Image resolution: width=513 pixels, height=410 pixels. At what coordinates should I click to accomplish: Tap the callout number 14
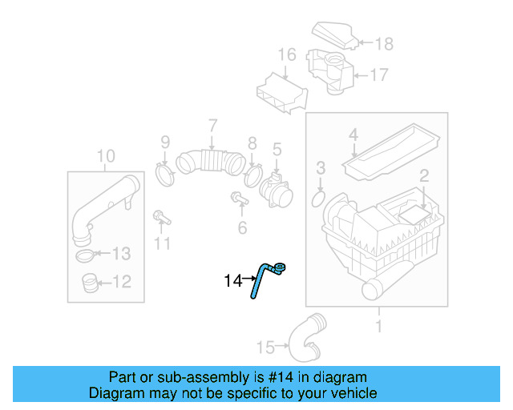click(x=232, y=281)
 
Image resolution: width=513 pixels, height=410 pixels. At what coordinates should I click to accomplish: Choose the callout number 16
click(x=287, y=55)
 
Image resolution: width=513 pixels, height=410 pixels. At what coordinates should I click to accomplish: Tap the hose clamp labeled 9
click(x=165, y=172)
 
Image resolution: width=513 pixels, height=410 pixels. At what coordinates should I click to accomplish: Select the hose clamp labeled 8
click(x=253, y=174)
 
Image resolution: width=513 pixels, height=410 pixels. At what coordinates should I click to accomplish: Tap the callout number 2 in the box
click(x=424, y=175)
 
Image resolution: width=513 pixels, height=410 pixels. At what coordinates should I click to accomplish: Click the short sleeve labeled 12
click(x=90, y=282)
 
